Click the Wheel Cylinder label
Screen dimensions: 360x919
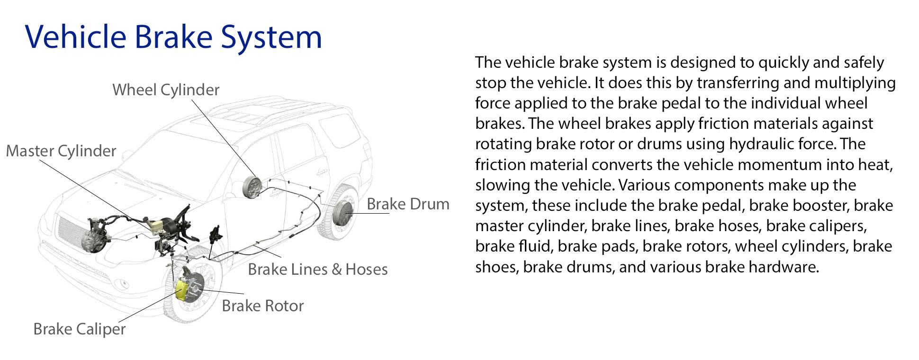pos(166,90)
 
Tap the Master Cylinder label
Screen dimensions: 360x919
pos(61,151)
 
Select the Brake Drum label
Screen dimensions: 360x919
pos(408,204)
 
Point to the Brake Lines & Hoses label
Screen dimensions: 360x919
pos(317,269)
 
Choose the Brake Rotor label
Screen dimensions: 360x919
pos(262,306)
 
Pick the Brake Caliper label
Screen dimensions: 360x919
pos(80,329)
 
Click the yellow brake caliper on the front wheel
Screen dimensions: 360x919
pos(181,290)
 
